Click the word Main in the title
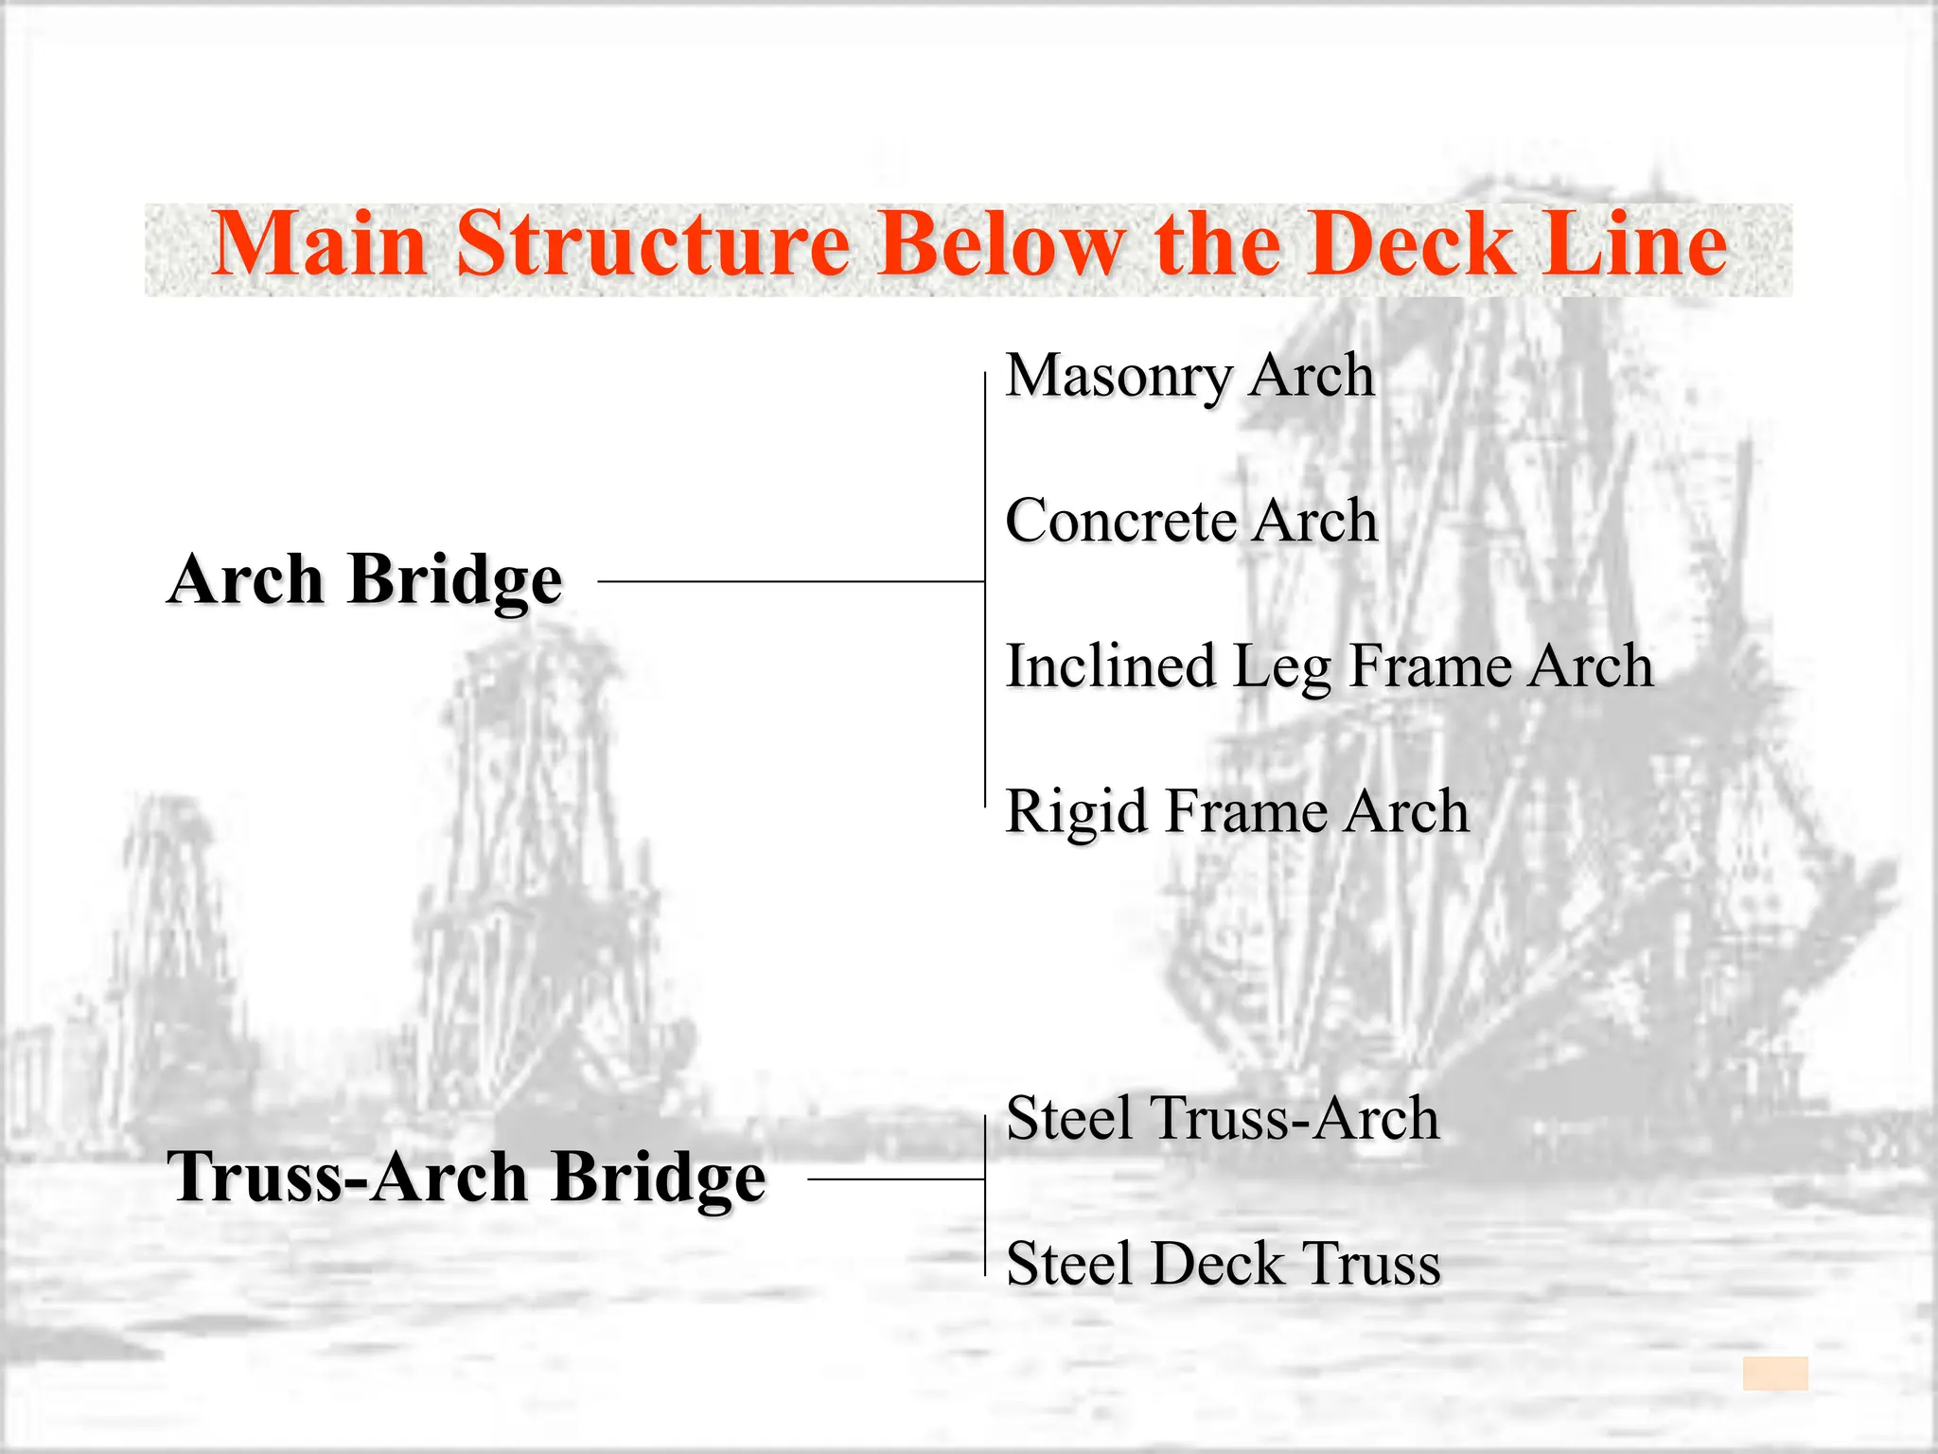point(319,244)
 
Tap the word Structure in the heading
point(654,244)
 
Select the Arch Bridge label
point(365,579)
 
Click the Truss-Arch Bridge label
point(466,1177)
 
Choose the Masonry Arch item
point(1189,376)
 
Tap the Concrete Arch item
point(1191,521)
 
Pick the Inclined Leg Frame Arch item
point(1330,665)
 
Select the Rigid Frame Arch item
point(1237,811)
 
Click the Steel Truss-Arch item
point(1223,1118)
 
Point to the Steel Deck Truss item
point(1223,1264)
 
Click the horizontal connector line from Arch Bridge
point(791,581)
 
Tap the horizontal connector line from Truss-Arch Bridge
point(895,1179)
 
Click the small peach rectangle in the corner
point(1775,1374)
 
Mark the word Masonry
point(1118,376)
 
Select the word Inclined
point(1110,665)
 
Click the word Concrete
point(1120,521)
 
